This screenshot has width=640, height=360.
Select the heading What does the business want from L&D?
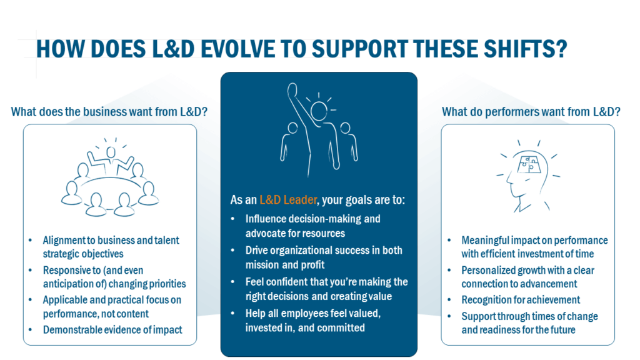point(109,112)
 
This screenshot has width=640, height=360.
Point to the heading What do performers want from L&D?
point(531,112)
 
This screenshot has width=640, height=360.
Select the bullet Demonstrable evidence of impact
point(112,329)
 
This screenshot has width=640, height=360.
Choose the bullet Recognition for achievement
point(521,300)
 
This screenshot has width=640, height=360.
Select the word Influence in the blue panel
point(266,219)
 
